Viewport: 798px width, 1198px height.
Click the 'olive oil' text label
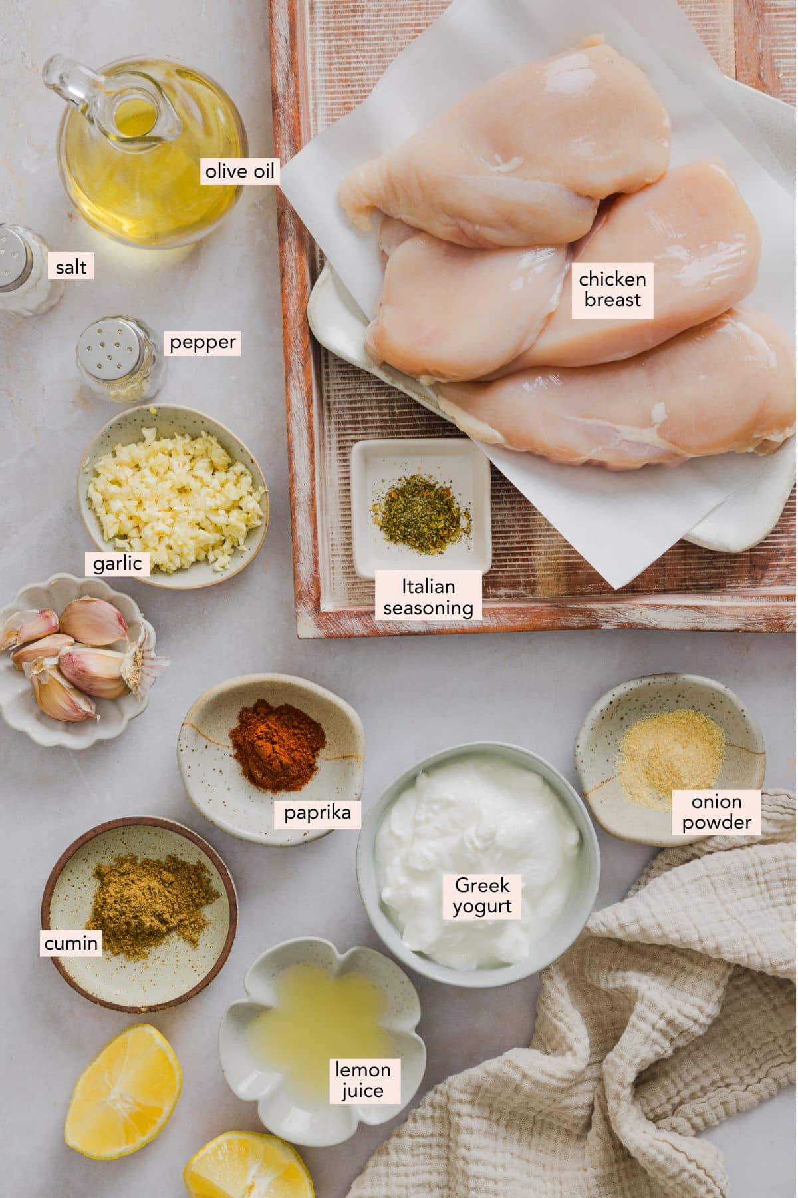pyautogui.click(x=239, y=172)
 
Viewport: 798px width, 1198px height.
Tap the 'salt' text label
pyautogui.click(x=70, y=267)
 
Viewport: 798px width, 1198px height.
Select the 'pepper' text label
pyautogui.click(x=202, y=343)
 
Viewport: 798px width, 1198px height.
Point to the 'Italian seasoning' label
pyautogui.click(x=428, y=596)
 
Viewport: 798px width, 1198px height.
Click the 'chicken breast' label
pyautogui.click(x=612, y=288)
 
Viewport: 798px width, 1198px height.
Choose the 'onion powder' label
pyautogui.click(x=716, y=812)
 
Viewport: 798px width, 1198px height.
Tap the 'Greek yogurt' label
pyautogui.click(x=482, y=896)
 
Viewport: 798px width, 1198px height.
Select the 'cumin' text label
pyautogui.click(x=70, y=942)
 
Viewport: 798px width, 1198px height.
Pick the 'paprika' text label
pyautogui.click(x=318, y=813)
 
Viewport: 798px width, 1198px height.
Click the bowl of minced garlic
pyautogui.click(x=173, y=497)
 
